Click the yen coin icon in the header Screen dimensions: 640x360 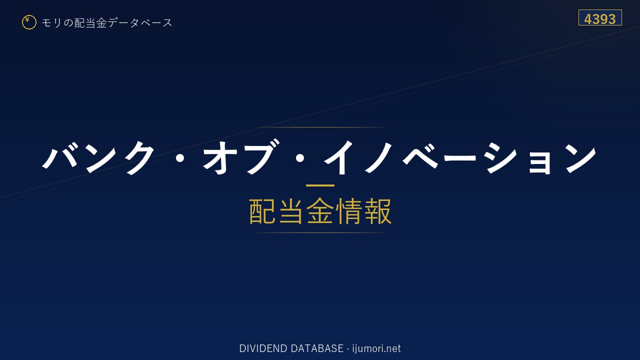29,22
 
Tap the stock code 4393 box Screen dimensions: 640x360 600,17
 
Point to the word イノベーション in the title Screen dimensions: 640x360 459,157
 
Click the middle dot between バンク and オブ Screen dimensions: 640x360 179,157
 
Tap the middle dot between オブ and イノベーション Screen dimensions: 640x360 299,157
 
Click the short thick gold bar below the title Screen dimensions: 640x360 320,185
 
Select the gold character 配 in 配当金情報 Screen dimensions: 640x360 262,211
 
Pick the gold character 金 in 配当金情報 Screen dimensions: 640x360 319,211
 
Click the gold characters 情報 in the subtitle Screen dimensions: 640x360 363,211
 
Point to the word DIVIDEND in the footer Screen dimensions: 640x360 263,348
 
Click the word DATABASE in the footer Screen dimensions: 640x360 317,348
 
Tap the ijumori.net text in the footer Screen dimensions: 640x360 376,349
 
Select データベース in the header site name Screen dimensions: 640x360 140,23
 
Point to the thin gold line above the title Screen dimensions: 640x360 320,127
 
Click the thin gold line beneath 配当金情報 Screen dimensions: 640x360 320,233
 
